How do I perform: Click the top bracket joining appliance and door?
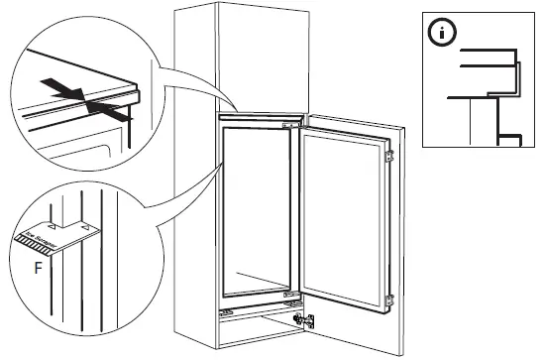[x=287, y=126]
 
